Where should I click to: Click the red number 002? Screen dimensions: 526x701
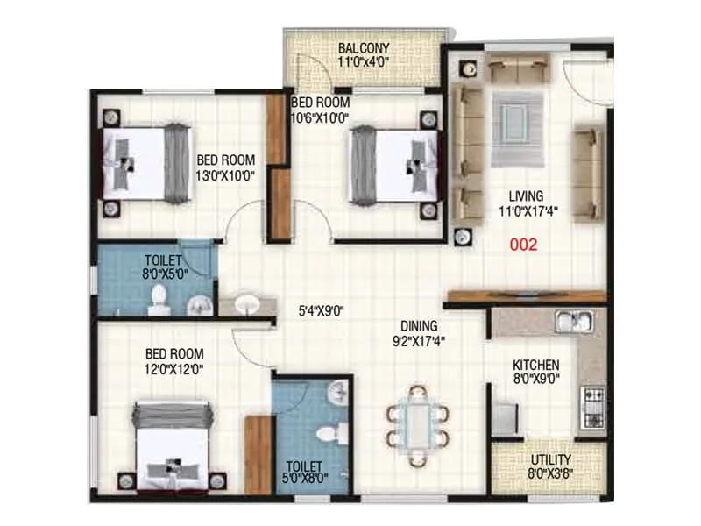click(x=523, y=245)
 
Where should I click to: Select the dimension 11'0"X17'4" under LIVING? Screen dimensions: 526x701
click(x=529, y=210)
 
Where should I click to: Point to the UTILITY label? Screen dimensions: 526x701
click(x=550, y=459)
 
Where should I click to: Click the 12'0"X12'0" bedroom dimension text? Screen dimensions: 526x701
click(x=175, y=370)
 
